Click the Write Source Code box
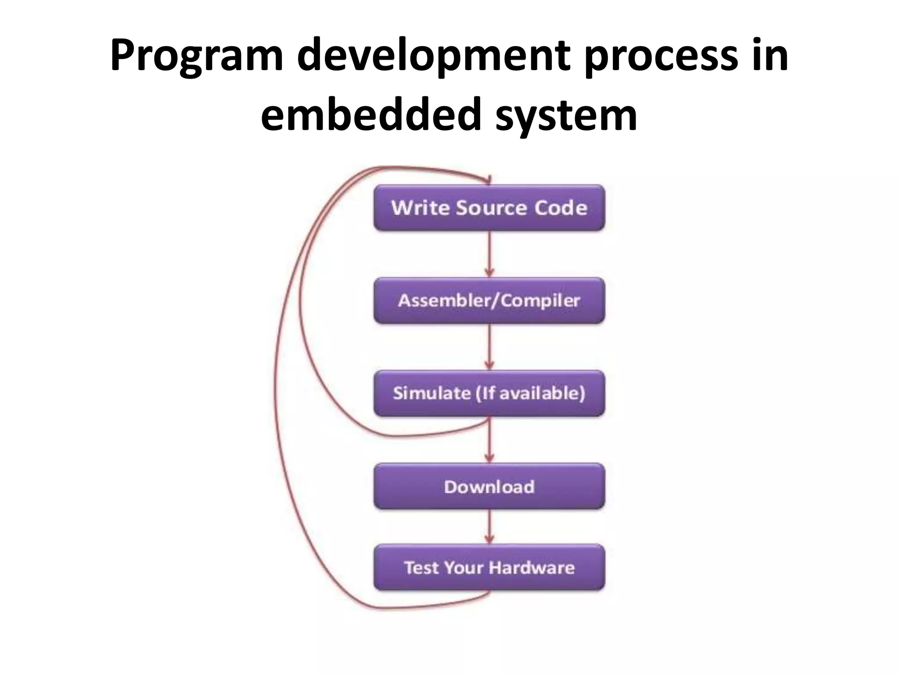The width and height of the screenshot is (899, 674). point(489,208)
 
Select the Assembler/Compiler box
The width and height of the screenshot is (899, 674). point(489,301)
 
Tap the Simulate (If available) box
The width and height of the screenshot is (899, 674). point(489,393)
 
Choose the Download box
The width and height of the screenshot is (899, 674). point(489,487)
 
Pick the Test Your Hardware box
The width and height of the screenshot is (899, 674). point(489,567)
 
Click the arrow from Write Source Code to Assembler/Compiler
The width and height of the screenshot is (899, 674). point(489,255)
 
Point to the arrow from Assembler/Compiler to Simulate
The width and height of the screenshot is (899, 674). point(489,347)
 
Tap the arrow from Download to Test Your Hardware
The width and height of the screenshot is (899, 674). point(489,527)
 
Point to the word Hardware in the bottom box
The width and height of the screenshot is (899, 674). point(531,567)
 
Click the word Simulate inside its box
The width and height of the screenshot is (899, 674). point(432,393)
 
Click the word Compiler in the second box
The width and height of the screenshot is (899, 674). point(540,301)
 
